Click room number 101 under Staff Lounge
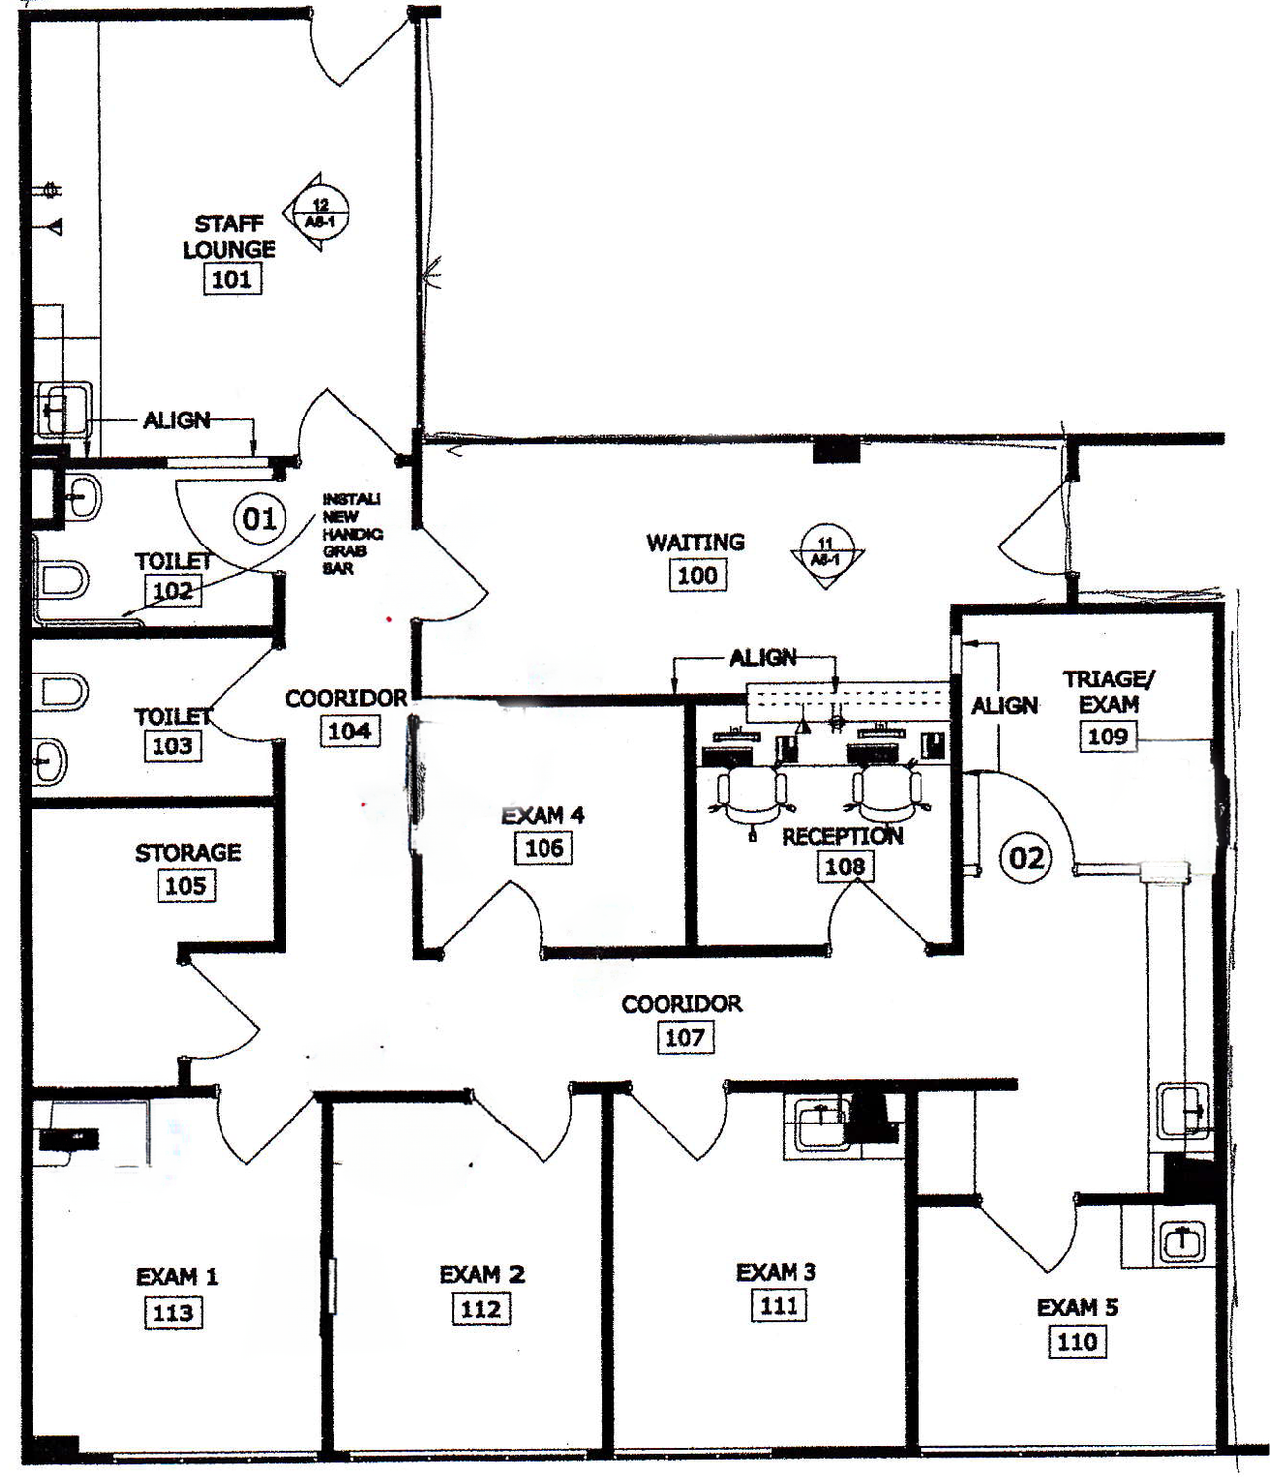click(231, 279)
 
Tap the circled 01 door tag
click(259, 518)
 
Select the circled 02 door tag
click(1025, 858)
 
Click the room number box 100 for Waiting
click(697, 575)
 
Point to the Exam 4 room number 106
click(543, 848)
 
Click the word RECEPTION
click(842, 837)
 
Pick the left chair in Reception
click(752, 793)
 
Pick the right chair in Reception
click(887, 793)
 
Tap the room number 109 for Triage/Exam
click(1107, 737)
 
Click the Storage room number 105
click(186, 885)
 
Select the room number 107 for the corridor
click(684, 1037)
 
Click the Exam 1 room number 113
click(173, 1313)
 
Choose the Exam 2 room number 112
click(480, 1310)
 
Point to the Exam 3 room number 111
click(779, 1306)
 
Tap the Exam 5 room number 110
click(1077, 1342)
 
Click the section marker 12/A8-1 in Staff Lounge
click(318, 213)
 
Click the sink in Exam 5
click(1180, 1242)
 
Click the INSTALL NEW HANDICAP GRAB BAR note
click(351, 534)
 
